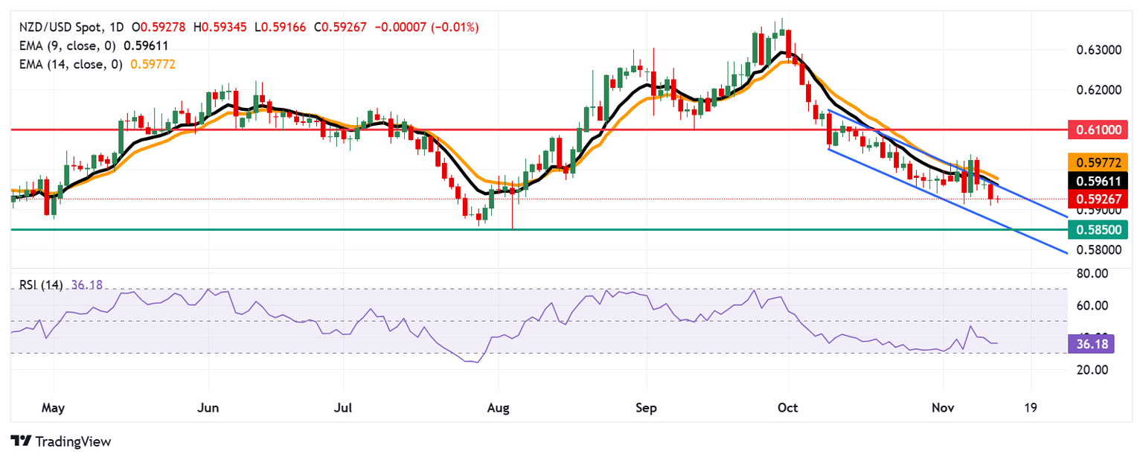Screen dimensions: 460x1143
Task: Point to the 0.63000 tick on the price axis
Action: pyautogui.click(x=1098, y=50)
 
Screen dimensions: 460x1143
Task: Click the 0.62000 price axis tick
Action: pyautogui.click(x=1098, y=90)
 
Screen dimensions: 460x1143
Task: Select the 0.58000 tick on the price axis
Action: pyautogui.click(x=1098, y=250)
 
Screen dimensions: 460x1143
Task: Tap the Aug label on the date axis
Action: pyautogui.click(x=498, y=408)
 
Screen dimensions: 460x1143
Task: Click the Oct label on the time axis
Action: pyautogui.click(x=787, y=408)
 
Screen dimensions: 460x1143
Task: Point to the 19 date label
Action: pyautogui.click(x=1031, y=408)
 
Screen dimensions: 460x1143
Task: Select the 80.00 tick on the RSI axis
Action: pyautogui.click(x=1093, y=273)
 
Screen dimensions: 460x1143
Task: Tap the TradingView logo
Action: pyautogui.click(x=61, y=441)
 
